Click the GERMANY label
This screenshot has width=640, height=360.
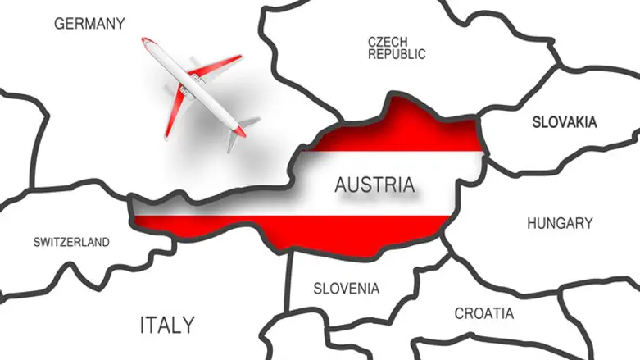pyautogui.click(x=89, y=24)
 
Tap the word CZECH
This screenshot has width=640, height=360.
pyautogui.click(x=388, y=41)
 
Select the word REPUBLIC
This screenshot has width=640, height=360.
pyautogui.click(x=397, y=54)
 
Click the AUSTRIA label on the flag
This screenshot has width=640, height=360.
pyautogui.click(x=374, y=185)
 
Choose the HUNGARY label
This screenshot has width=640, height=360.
pyautogui.click(x=560, y=223)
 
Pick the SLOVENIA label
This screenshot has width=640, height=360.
pyautogui.click(x=347, y=289)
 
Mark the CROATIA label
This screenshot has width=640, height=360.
pyautogui.click(x=484, y=313)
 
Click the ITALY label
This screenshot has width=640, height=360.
pyautogui.click(x=167, y=325)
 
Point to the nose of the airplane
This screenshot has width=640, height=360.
pyautogui.click(x=145, y=40)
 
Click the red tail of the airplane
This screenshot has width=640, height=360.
pyautogui.click(x=239, y=129)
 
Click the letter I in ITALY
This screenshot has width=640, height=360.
pyautogui.click(x=143, y=325)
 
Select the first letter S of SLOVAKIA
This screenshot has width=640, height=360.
pyautogui.click(x=537, y=122)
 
